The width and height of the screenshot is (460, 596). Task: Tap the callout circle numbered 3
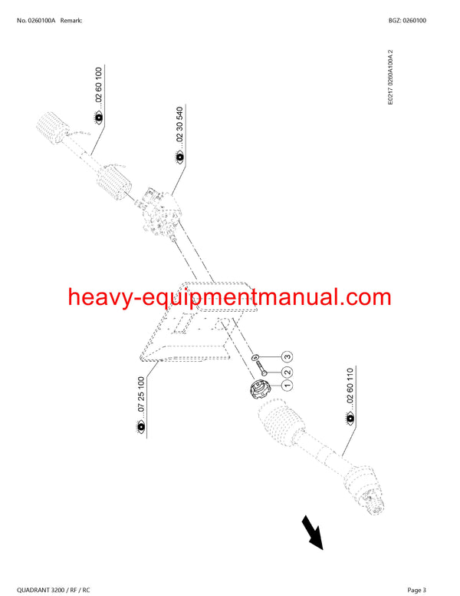point(287,356)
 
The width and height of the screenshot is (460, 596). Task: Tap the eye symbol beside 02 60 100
point(99,118)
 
